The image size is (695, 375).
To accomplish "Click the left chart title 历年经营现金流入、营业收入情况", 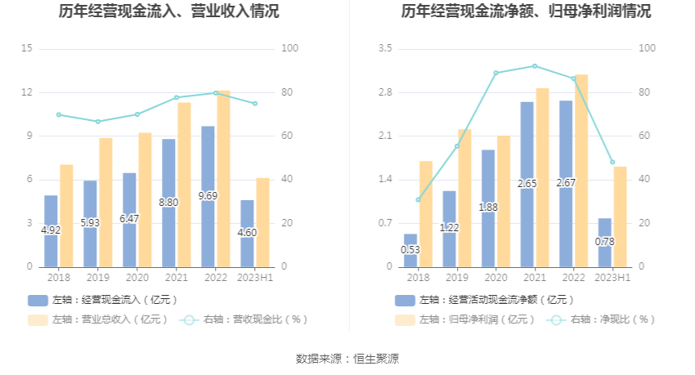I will click(168, 11).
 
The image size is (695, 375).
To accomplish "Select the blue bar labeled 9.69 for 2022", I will click(208, 196).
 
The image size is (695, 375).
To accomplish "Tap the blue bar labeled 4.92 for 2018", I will click(51, 231).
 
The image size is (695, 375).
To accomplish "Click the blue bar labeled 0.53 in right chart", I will click(410, 250).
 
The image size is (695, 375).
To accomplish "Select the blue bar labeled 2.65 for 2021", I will click(527, 184).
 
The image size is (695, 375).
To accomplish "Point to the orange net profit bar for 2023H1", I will click(621, 217).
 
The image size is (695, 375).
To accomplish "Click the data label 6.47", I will click(129, 219).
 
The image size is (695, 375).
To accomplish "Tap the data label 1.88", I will click(488, 208).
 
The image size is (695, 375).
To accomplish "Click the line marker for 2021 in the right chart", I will click(535, 66).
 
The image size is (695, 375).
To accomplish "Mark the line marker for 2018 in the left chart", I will click(59, 114).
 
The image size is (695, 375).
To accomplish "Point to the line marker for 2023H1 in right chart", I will click(612, 162).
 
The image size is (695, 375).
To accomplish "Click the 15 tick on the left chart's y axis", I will click(27, 49).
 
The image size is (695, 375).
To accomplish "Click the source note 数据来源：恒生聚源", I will click(347, 359).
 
